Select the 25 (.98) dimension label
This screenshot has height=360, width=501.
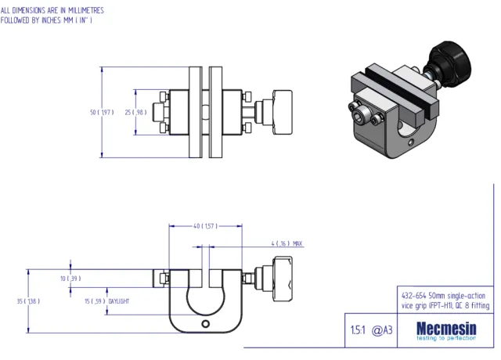(x=135, y=112)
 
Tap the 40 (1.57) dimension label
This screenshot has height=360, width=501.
(x=205, y=226)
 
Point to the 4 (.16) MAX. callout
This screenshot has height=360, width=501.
(x=287, y=243)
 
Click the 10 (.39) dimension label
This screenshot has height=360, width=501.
(x=70, y=278)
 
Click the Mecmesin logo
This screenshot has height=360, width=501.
(x=443, y=328)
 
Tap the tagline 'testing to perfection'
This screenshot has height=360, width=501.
(x=443, y=339)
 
